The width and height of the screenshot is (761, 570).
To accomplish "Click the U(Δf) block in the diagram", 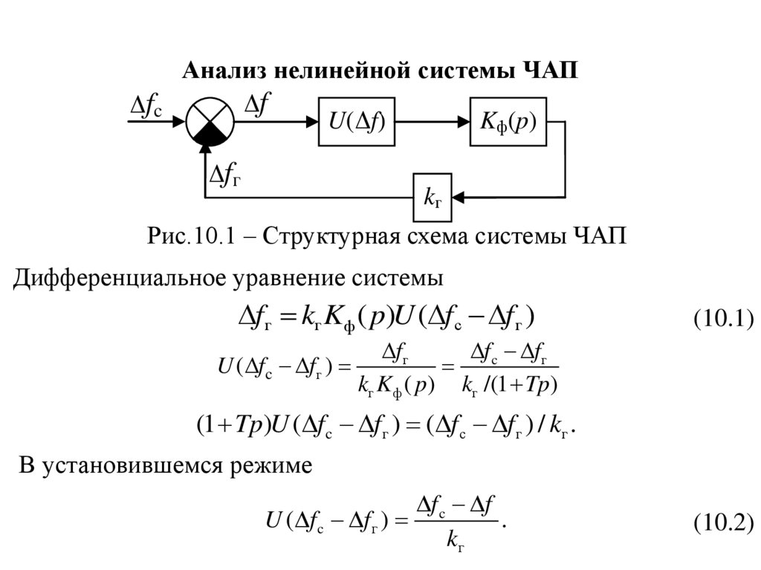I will (x=357, y=120).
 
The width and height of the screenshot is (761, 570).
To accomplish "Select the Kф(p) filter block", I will (x=508, y=120).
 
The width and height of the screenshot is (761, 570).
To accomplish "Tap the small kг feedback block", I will (x=433, y=198).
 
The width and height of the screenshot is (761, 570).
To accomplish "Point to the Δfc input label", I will (x=152, y=109).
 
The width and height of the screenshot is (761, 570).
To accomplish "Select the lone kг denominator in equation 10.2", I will (x=456, y=543).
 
